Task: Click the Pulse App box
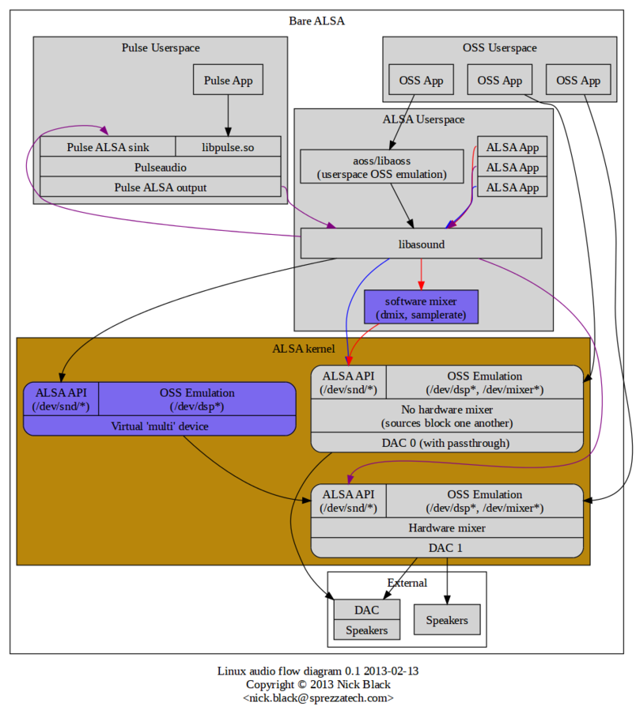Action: point(228,80)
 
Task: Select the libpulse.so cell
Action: point(228,147)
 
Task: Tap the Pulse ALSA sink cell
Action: point(108,147)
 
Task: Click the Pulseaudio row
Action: point(161,167)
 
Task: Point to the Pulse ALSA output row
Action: point(161,187)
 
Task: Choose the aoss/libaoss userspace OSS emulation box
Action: point(382,167)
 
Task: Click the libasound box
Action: point(421,244)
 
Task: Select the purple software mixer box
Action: point(421,307)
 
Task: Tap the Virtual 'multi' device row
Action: point(160,425)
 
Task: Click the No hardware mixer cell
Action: point(447,416)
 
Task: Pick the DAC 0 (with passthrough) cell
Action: point(447,443)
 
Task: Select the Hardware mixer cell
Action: point(447,528)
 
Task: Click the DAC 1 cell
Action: point(447,548)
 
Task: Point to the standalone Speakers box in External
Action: point(447,619)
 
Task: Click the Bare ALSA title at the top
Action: point(316,21)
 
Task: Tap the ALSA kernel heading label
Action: point(304,348)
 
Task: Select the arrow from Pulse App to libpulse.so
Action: point(228,115)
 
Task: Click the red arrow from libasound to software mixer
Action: point(421,274)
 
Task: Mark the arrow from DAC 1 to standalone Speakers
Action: point(447,581)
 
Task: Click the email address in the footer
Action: point(318,698)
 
